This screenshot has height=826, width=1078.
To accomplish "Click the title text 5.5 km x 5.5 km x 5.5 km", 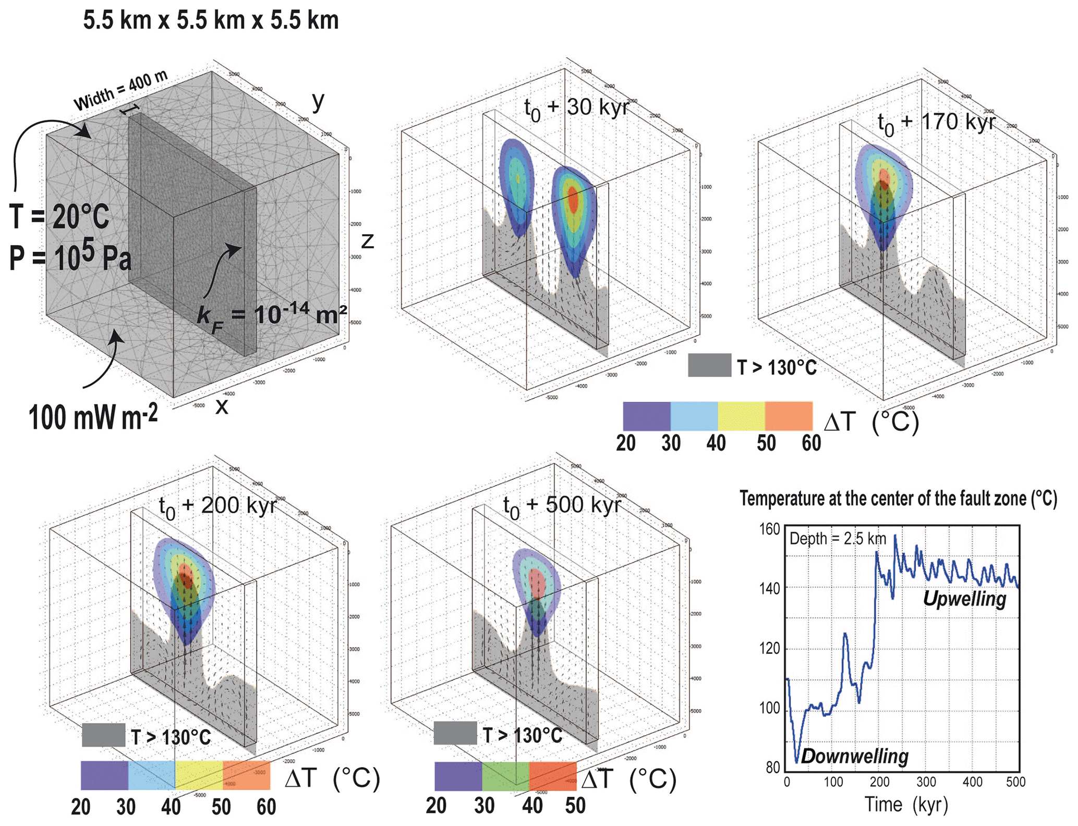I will coord(211,21).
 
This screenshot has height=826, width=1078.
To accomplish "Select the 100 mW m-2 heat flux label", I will coord(93,418).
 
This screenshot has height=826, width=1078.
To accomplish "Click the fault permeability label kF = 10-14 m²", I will coord(271,314).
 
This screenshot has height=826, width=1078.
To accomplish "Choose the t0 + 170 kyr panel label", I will coord(936,123).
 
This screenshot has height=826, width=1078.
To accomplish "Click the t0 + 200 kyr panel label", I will coord(217,506).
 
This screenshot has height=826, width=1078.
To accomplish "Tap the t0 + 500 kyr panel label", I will coord(562,506).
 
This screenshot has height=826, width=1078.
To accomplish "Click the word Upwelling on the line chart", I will coord(964,599).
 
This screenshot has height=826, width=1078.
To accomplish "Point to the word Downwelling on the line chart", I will coord(855,756).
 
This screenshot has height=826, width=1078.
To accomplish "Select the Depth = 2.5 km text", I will coord(838,539).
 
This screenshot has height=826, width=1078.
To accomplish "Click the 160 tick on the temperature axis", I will coord(769,529).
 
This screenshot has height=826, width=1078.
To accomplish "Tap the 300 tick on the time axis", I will coord(926,782).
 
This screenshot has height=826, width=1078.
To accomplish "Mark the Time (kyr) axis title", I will coord(906,805).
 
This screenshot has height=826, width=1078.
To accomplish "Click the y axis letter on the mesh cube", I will coord(318,100).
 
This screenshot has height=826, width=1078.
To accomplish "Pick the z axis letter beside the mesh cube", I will coord(368,241).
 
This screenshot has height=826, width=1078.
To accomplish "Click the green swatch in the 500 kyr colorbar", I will coord(505,776).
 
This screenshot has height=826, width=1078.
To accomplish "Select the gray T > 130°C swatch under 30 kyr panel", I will coord(709,366).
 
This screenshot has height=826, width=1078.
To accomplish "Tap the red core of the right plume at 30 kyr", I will coord(573,200).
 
